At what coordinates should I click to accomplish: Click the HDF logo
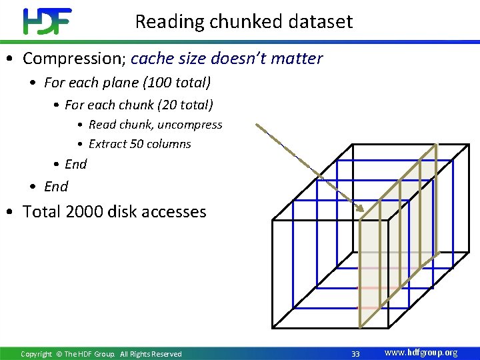point(47,21)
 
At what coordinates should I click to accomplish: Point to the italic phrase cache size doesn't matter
point(227,59)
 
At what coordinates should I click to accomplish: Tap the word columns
point(169,144)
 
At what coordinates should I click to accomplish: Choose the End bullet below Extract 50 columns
point(75,164)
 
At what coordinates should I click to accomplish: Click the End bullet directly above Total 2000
point(56,187)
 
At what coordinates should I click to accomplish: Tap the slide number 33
point(355,353)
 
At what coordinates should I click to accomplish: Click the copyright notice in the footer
point(101,354)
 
